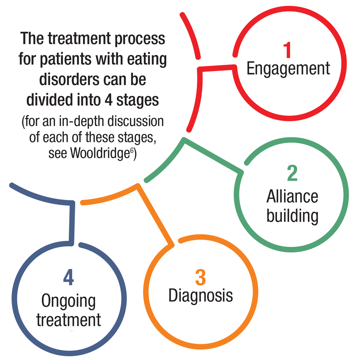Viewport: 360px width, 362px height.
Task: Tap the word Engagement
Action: coord(288,68)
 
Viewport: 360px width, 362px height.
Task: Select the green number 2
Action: coord(292,174)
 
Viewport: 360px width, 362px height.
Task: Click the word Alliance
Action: coord(292,197)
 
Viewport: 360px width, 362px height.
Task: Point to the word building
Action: coord(292,216)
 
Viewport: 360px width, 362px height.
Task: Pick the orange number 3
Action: coord(201,278)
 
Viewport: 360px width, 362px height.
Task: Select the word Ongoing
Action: coord(68,302)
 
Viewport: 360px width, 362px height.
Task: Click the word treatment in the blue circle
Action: coord(68,320)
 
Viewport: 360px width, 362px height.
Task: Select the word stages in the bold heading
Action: coord(139,101)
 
